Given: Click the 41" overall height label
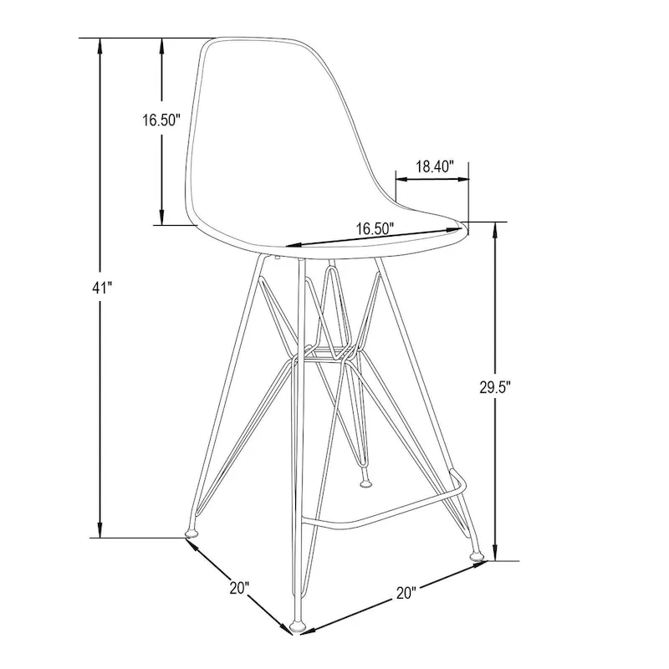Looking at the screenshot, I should [x=101, y=288].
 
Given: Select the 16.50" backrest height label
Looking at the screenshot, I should [x=161, y=120].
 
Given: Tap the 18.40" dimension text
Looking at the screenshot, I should [x=434, y=166].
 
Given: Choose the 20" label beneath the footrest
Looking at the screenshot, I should [x=406, y=594].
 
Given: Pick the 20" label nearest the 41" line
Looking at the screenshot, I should [x=240, y=588].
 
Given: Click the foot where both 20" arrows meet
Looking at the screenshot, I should [x=298, y=624].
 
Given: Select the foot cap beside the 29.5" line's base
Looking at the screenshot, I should [x=477, y=552].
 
